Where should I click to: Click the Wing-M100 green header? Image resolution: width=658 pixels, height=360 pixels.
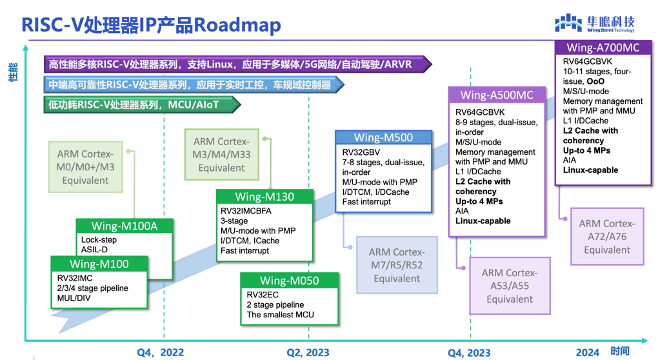coord(99,264)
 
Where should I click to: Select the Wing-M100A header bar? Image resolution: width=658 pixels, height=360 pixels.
coord(125,226)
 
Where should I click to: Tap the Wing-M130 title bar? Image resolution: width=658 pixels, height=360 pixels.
coord(264,197)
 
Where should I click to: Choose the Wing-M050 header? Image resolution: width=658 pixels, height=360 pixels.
coord(289,281)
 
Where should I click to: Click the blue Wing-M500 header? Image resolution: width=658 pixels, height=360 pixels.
coord(383,137)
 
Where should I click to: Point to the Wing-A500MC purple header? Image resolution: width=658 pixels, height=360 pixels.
coord(497,95)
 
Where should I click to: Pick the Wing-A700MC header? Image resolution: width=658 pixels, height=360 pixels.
coord(603,48)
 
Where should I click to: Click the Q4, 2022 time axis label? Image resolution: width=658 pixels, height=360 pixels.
coord(161,352)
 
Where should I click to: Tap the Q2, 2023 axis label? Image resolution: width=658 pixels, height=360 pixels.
coord(308,352)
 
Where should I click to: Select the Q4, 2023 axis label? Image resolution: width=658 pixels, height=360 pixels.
coord(469,352)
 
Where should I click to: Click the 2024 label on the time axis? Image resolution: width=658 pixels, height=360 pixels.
coord(587,352)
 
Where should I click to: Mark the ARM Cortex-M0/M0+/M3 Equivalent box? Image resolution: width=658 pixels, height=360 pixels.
coord(86,167)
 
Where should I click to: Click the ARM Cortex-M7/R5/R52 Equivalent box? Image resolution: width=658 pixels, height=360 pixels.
coord(397,265)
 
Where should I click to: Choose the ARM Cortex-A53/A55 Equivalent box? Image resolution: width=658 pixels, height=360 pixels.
coord(510,286)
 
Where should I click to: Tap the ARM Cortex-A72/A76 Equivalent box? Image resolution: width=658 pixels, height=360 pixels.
coord(607,237)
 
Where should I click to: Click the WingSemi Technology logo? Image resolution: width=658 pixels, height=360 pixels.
coord(594,24)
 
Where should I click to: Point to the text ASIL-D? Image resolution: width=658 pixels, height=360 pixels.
coord(94,250)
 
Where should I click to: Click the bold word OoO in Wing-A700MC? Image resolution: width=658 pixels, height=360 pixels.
coord(595,82)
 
